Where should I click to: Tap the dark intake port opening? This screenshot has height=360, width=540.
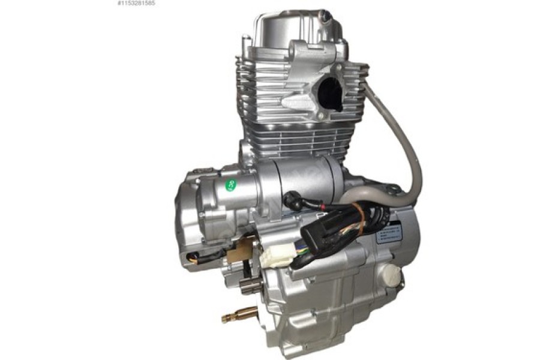click(329, 95)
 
